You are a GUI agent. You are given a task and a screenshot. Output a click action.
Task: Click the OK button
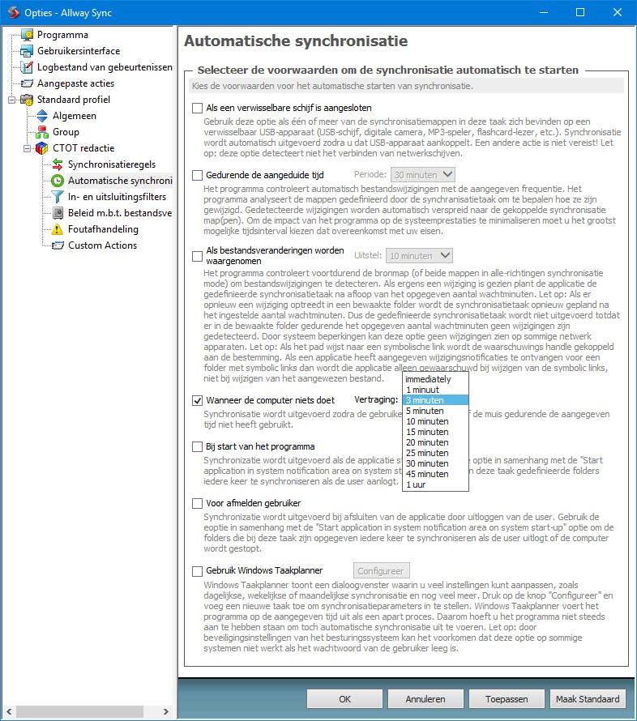coord(344,698)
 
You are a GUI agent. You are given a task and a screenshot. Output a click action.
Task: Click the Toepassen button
coord(507,698)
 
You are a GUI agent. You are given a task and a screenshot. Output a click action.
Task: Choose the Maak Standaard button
coord(588,698)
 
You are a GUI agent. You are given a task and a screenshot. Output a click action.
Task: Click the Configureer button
coord(383,571)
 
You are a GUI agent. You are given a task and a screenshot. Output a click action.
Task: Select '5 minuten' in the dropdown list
coord(425,411)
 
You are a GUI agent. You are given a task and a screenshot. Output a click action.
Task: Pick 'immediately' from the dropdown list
coord(428,379)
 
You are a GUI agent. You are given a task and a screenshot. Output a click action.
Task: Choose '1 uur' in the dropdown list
coord(416,484)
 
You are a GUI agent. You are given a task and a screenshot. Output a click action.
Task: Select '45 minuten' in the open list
coord(426,474)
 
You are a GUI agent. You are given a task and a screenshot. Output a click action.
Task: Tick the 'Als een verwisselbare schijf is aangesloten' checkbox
coord(197,108)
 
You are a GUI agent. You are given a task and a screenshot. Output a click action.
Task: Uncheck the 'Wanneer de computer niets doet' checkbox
coord(197,400)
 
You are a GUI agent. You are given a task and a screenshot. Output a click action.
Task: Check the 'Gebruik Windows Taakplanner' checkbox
coord(197,571)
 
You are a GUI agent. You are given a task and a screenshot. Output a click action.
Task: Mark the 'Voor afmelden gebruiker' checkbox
coord(197,503)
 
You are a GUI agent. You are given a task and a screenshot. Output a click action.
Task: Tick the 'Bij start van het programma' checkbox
coord(197,446)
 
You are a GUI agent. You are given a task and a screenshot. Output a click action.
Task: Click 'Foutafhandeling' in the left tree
coord(103,229)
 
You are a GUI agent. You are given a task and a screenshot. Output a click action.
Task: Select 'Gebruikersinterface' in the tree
coord(78,51)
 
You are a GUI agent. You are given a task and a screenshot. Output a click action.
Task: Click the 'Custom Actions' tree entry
coord(102,245)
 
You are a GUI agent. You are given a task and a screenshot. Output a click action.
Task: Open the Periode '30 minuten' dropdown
coord(422,174)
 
